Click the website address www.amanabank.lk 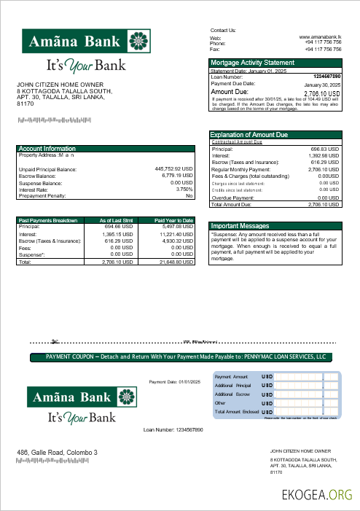coord(320,36)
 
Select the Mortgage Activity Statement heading coord(253,63)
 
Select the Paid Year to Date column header coord(173,220)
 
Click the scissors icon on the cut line coord(55,340)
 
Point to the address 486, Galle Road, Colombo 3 coord(57,453)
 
